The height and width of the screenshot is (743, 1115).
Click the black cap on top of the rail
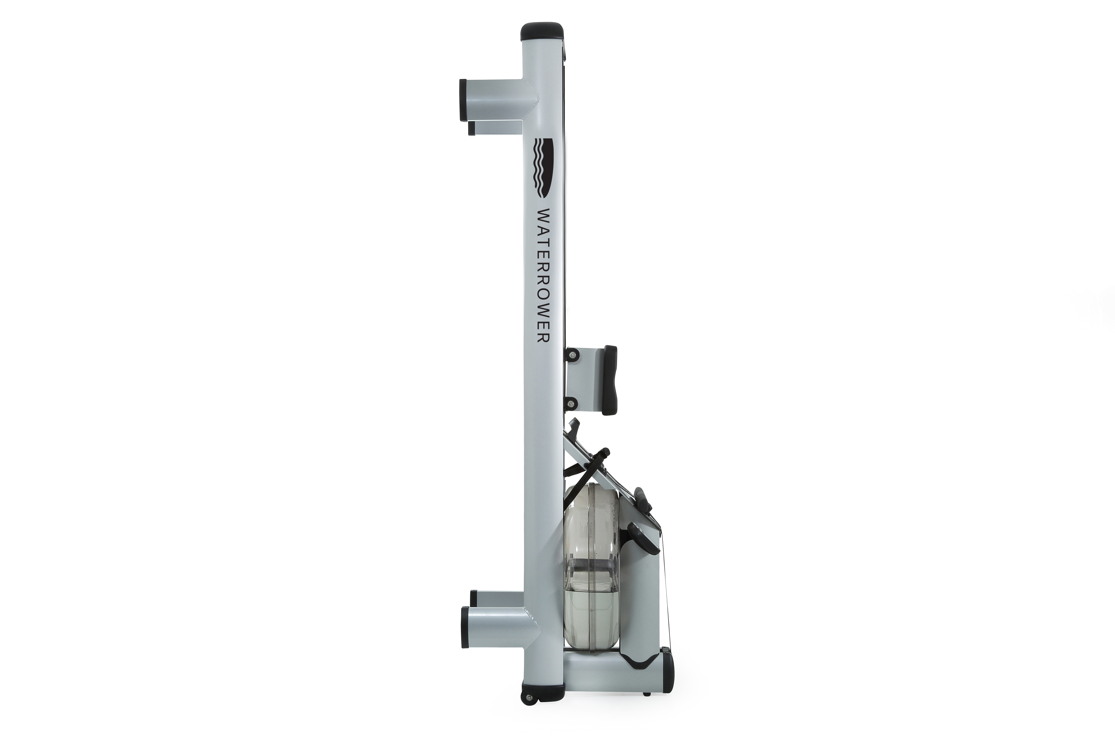pyautogui.click(x=543, y=31)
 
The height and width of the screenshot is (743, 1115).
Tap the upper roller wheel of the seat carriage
pyautogui.click(x=573, y=354)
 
